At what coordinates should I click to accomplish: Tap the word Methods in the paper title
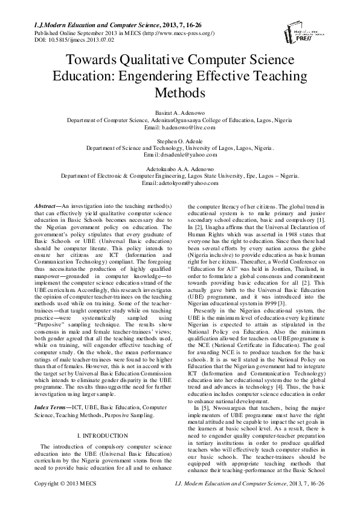click(181, 94)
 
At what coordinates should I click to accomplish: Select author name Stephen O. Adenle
click(181, 140)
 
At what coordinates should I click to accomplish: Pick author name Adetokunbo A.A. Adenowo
click(180, 168)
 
